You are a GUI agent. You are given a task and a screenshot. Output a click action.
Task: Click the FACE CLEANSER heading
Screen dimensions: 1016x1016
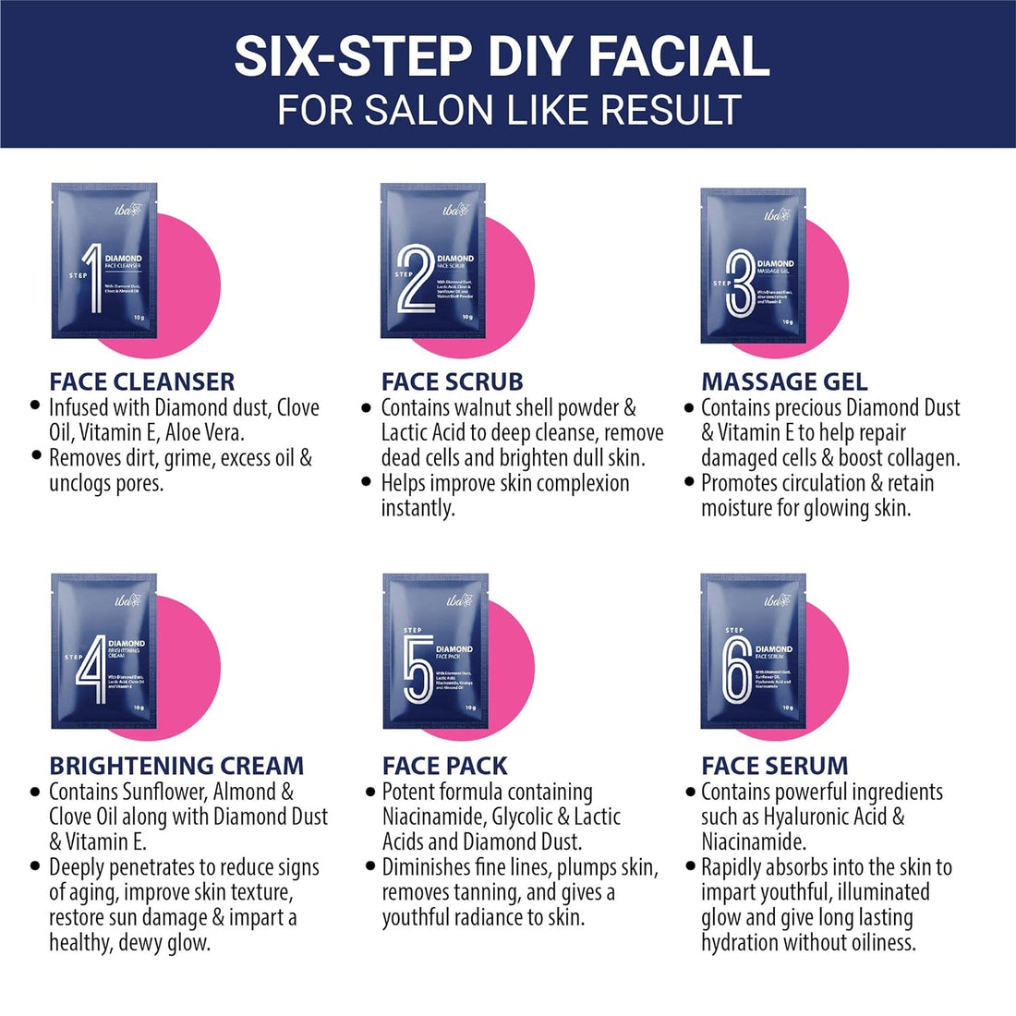click(x=142, y=381)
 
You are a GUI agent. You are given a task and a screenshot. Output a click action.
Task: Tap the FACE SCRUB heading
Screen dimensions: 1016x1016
click(x=452, y=381)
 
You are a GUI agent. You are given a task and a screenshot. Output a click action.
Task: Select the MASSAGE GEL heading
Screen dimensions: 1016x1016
click(x=784, y=381)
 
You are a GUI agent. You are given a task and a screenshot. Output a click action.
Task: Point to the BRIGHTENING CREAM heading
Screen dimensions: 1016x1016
click(x=176, y=766)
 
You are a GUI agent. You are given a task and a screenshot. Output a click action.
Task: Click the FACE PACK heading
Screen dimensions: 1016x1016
click(x=444, y=766)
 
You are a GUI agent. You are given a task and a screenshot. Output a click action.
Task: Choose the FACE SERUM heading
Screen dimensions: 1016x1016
click(x=774, y=766)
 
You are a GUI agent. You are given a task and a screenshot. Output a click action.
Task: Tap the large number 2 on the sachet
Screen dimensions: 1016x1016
click(x=416, y=279)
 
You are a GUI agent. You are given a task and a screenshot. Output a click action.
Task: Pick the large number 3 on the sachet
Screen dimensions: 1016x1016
click(x=741, y=286)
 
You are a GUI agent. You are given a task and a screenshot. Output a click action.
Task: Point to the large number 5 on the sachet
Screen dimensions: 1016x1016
click(x=417, y=671)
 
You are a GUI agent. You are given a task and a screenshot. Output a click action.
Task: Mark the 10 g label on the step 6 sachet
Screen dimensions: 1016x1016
click(x=787, y=708)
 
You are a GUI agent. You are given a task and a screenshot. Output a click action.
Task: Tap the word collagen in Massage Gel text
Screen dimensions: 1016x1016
click(x=918, y=457)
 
